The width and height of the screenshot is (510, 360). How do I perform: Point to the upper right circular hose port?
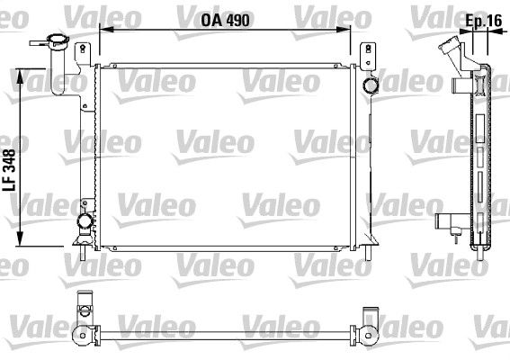(x=369, y=85)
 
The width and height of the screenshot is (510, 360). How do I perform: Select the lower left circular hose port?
(x=84, y=221)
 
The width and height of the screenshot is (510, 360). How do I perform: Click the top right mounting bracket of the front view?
(x=367, y=55)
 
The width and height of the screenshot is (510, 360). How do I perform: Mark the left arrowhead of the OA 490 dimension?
(x=103, y=29)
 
